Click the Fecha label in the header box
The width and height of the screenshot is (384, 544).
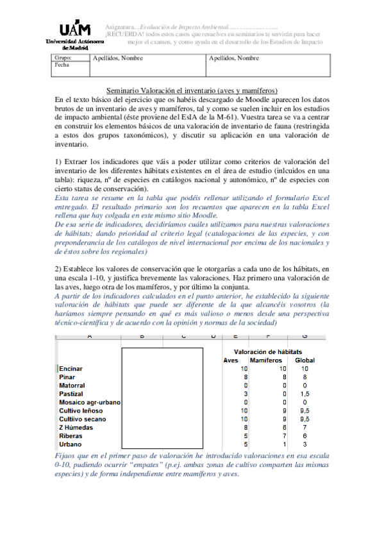[x=62, y=65]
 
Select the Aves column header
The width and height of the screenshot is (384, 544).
[x=231, y=360]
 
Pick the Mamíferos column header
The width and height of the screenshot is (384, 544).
[x=266, y=360]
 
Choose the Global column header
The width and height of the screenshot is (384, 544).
[x=305, y=360]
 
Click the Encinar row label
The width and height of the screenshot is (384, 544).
[x=71, y=369]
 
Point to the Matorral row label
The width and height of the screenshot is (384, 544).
[x=72, y=386]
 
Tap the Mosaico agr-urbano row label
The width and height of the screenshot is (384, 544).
[x=90, y=402]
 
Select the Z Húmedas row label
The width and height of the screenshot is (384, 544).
[x=76, y=427]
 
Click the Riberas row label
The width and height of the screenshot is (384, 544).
[x=71, y=436]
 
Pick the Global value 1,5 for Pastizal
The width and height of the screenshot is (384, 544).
[x=305, y=394]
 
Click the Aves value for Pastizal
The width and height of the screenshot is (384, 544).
[x=244, y=394]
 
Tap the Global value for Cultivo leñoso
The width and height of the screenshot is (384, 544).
[x=305, y=411]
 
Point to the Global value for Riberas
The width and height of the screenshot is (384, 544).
[x=305, y=436]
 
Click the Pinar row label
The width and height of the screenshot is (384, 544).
[x=67, y=377]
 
